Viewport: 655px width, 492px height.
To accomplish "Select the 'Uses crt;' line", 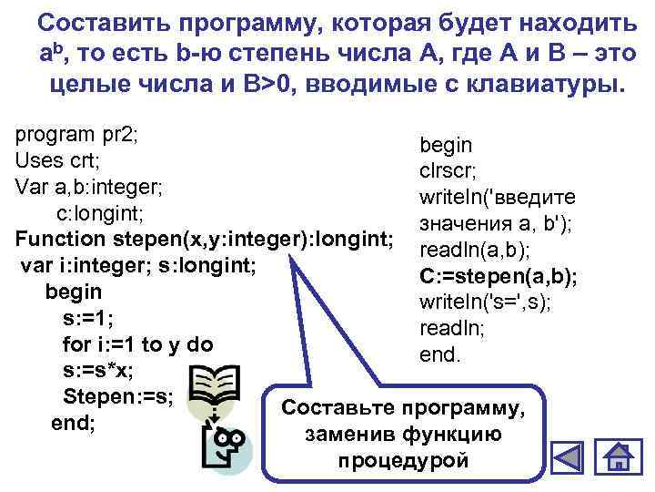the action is click(58, 160).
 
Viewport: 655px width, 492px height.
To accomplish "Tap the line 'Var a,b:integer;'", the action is click(89, 187).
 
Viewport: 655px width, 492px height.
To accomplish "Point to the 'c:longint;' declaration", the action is click(100, 213).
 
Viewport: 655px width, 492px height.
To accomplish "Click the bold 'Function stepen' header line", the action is click(205, 240).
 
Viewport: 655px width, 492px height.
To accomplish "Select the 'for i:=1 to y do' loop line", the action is click(137, 345).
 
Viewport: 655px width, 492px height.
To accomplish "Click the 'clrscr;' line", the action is click(448, 170).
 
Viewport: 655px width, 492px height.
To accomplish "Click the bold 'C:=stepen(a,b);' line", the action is click(499, 276).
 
